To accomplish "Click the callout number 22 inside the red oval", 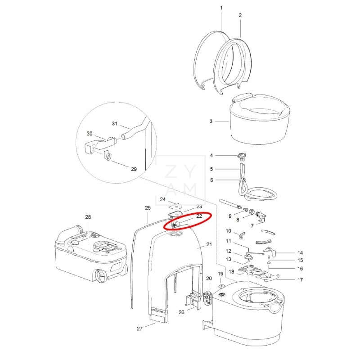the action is point(199,216).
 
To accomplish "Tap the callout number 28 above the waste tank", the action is point(88,217).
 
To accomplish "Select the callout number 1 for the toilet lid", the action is point(221,8).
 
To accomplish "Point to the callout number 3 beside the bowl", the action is point(211,121).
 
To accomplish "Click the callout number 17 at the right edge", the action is point(300,279).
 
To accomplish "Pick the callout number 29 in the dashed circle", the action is point(134,169).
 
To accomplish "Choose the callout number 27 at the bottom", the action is point(139,329).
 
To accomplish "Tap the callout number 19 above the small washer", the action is point(220,274).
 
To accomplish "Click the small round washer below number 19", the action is point(221,286).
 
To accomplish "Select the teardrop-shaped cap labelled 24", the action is point(175,206).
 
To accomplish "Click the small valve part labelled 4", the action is point(242,157).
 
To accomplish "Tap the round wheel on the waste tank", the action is point(100,276).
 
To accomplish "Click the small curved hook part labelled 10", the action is point(242,235).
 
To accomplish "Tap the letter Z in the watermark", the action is point(171,171).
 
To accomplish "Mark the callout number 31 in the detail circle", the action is point(115,123).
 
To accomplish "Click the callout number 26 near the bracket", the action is point(181,312).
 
